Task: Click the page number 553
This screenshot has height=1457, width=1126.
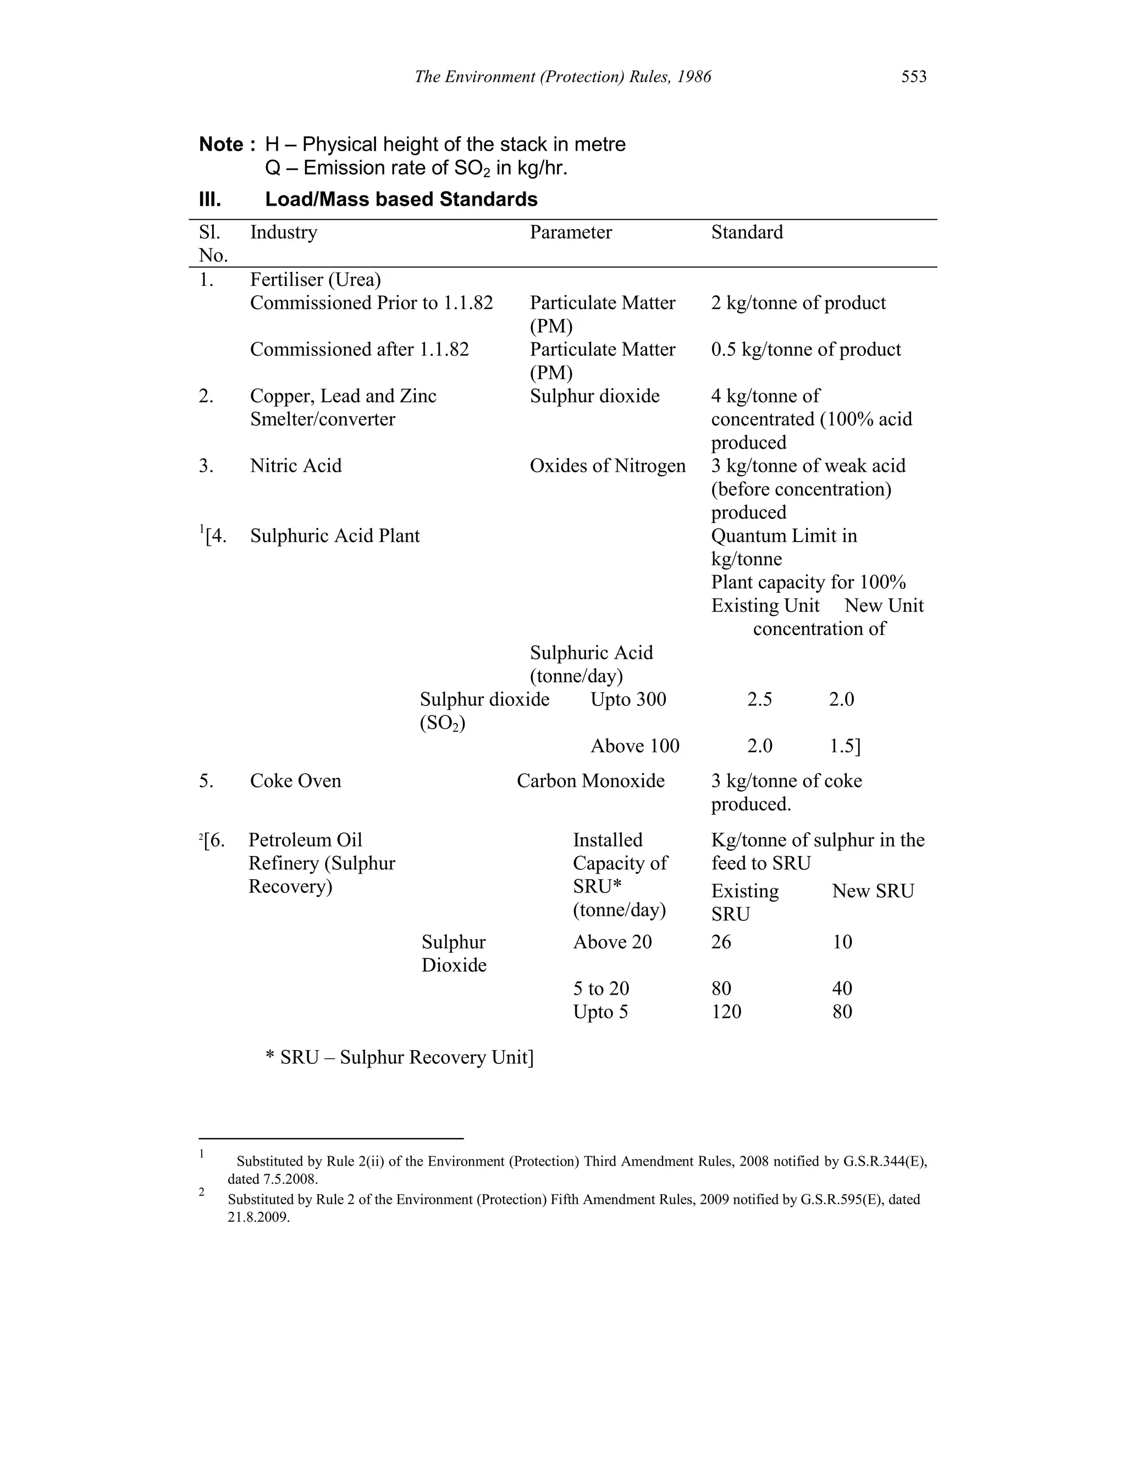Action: (913, 77)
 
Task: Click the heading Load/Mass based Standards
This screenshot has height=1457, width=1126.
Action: (401, 200)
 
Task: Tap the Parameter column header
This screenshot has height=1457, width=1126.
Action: (570, 232)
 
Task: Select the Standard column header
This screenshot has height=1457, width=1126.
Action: (747, 232)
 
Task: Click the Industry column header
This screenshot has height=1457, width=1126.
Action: (284, 232)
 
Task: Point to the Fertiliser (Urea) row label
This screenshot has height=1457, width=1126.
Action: (315, 279)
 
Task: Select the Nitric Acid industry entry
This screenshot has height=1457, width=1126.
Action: (295, 466)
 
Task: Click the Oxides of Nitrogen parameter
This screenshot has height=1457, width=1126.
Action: (607, 466)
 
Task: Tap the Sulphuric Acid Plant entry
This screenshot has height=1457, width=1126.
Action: (335, 536)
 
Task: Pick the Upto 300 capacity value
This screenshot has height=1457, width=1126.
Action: (628, 699)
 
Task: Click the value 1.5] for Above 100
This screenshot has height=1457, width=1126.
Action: (844, 746)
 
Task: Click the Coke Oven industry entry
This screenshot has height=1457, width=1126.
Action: (295, 781)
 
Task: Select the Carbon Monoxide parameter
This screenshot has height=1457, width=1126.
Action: (590, 781)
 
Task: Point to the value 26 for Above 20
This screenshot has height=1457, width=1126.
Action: (721, 942)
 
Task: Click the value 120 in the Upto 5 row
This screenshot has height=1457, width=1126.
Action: (726, 1011)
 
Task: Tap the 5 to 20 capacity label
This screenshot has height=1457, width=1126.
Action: (600, 989)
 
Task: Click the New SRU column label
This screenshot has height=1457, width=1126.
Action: (873, 891)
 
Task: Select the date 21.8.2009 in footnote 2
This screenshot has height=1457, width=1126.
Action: (258, 1217)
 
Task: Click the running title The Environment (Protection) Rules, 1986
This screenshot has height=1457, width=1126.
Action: (562, 77)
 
